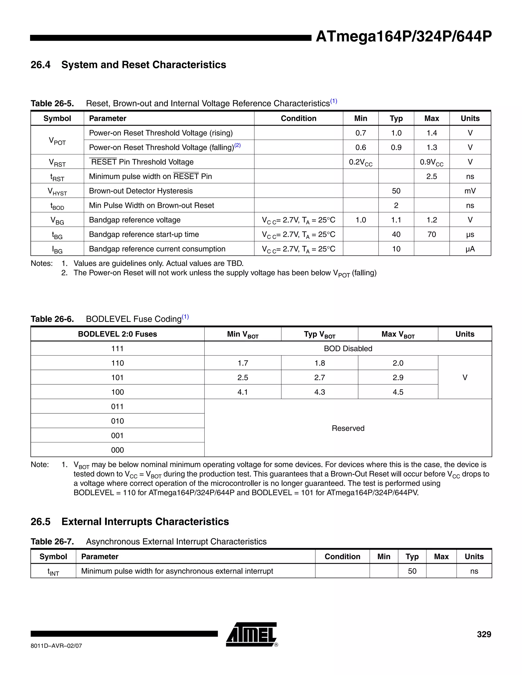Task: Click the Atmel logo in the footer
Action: point(251,634)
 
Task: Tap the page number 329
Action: point(484,634)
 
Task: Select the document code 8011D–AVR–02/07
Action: point(56,646)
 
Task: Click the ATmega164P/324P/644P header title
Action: point(403,37)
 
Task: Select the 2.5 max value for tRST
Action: point(432,177)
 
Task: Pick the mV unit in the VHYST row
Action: point(470,191)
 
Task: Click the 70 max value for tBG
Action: point(432,234)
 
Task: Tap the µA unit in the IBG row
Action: point(470,249)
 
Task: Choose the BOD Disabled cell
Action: point(348,349)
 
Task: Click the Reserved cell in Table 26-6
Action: point(348,428)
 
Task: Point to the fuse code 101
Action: point(117,377)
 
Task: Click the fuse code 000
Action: point(117,450)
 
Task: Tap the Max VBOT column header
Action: point(398,334)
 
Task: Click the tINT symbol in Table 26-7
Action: point(53,572)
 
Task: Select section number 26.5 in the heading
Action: point(40,521)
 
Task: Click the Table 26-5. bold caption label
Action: point(52,103)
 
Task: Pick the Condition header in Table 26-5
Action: point(298,118)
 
